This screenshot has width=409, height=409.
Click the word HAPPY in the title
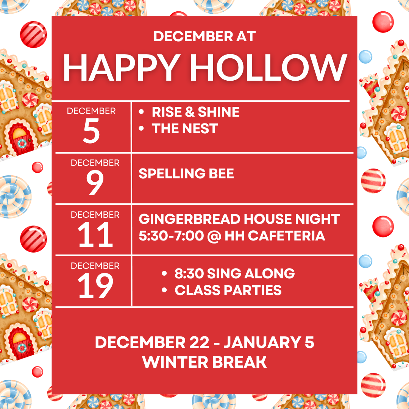122,68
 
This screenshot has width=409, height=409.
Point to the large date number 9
95,182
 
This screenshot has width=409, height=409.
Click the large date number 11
95,235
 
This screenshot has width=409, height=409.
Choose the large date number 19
95,286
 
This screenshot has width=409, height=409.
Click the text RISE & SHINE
196,112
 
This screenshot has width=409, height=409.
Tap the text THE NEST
185,129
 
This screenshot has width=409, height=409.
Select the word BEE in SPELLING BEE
221,174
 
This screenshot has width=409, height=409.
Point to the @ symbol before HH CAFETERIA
214,236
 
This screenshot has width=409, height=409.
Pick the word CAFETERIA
286,236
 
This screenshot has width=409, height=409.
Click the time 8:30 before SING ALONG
189,274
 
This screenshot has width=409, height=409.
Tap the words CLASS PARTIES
228,290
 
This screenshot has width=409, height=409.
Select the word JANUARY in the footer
262,342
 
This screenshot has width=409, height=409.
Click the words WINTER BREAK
204,362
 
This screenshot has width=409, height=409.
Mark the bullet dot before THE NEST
141,128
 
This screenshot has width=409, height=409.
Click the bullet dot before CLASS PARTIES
164,290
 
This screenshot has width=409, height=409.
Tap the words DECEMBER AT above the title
204,36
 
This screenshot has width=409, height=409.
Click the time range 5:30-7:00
171,236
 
